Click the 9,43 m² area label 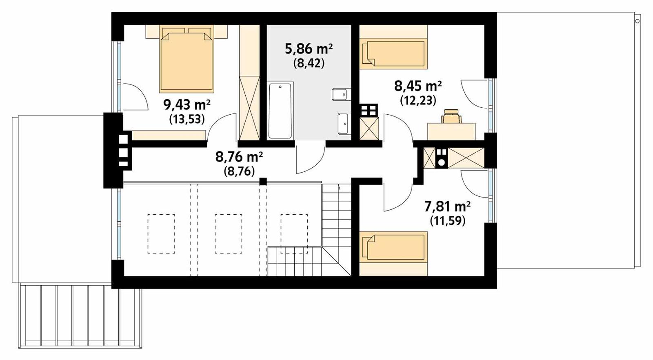click(187, 105)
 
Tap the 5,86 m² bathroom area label click(308, 49)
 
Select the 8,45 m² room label click(418, 86)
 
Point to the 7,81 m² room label click(447, 207)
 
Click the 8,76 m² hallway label click(239, 157)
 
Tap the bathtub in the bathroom click(280, 110)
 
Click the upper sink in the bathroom click(340, 94)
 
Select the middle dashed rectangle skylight click(228, 234)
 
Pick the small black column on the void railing click(263, 181)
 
